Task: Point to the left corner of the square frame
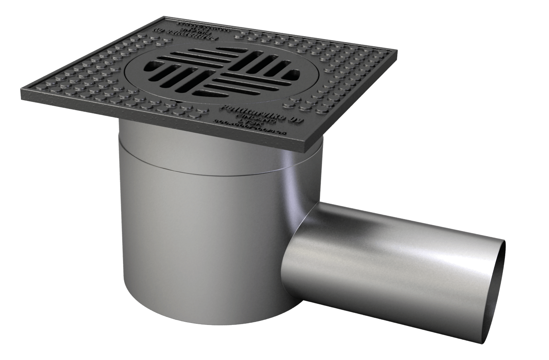[22, 96]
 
